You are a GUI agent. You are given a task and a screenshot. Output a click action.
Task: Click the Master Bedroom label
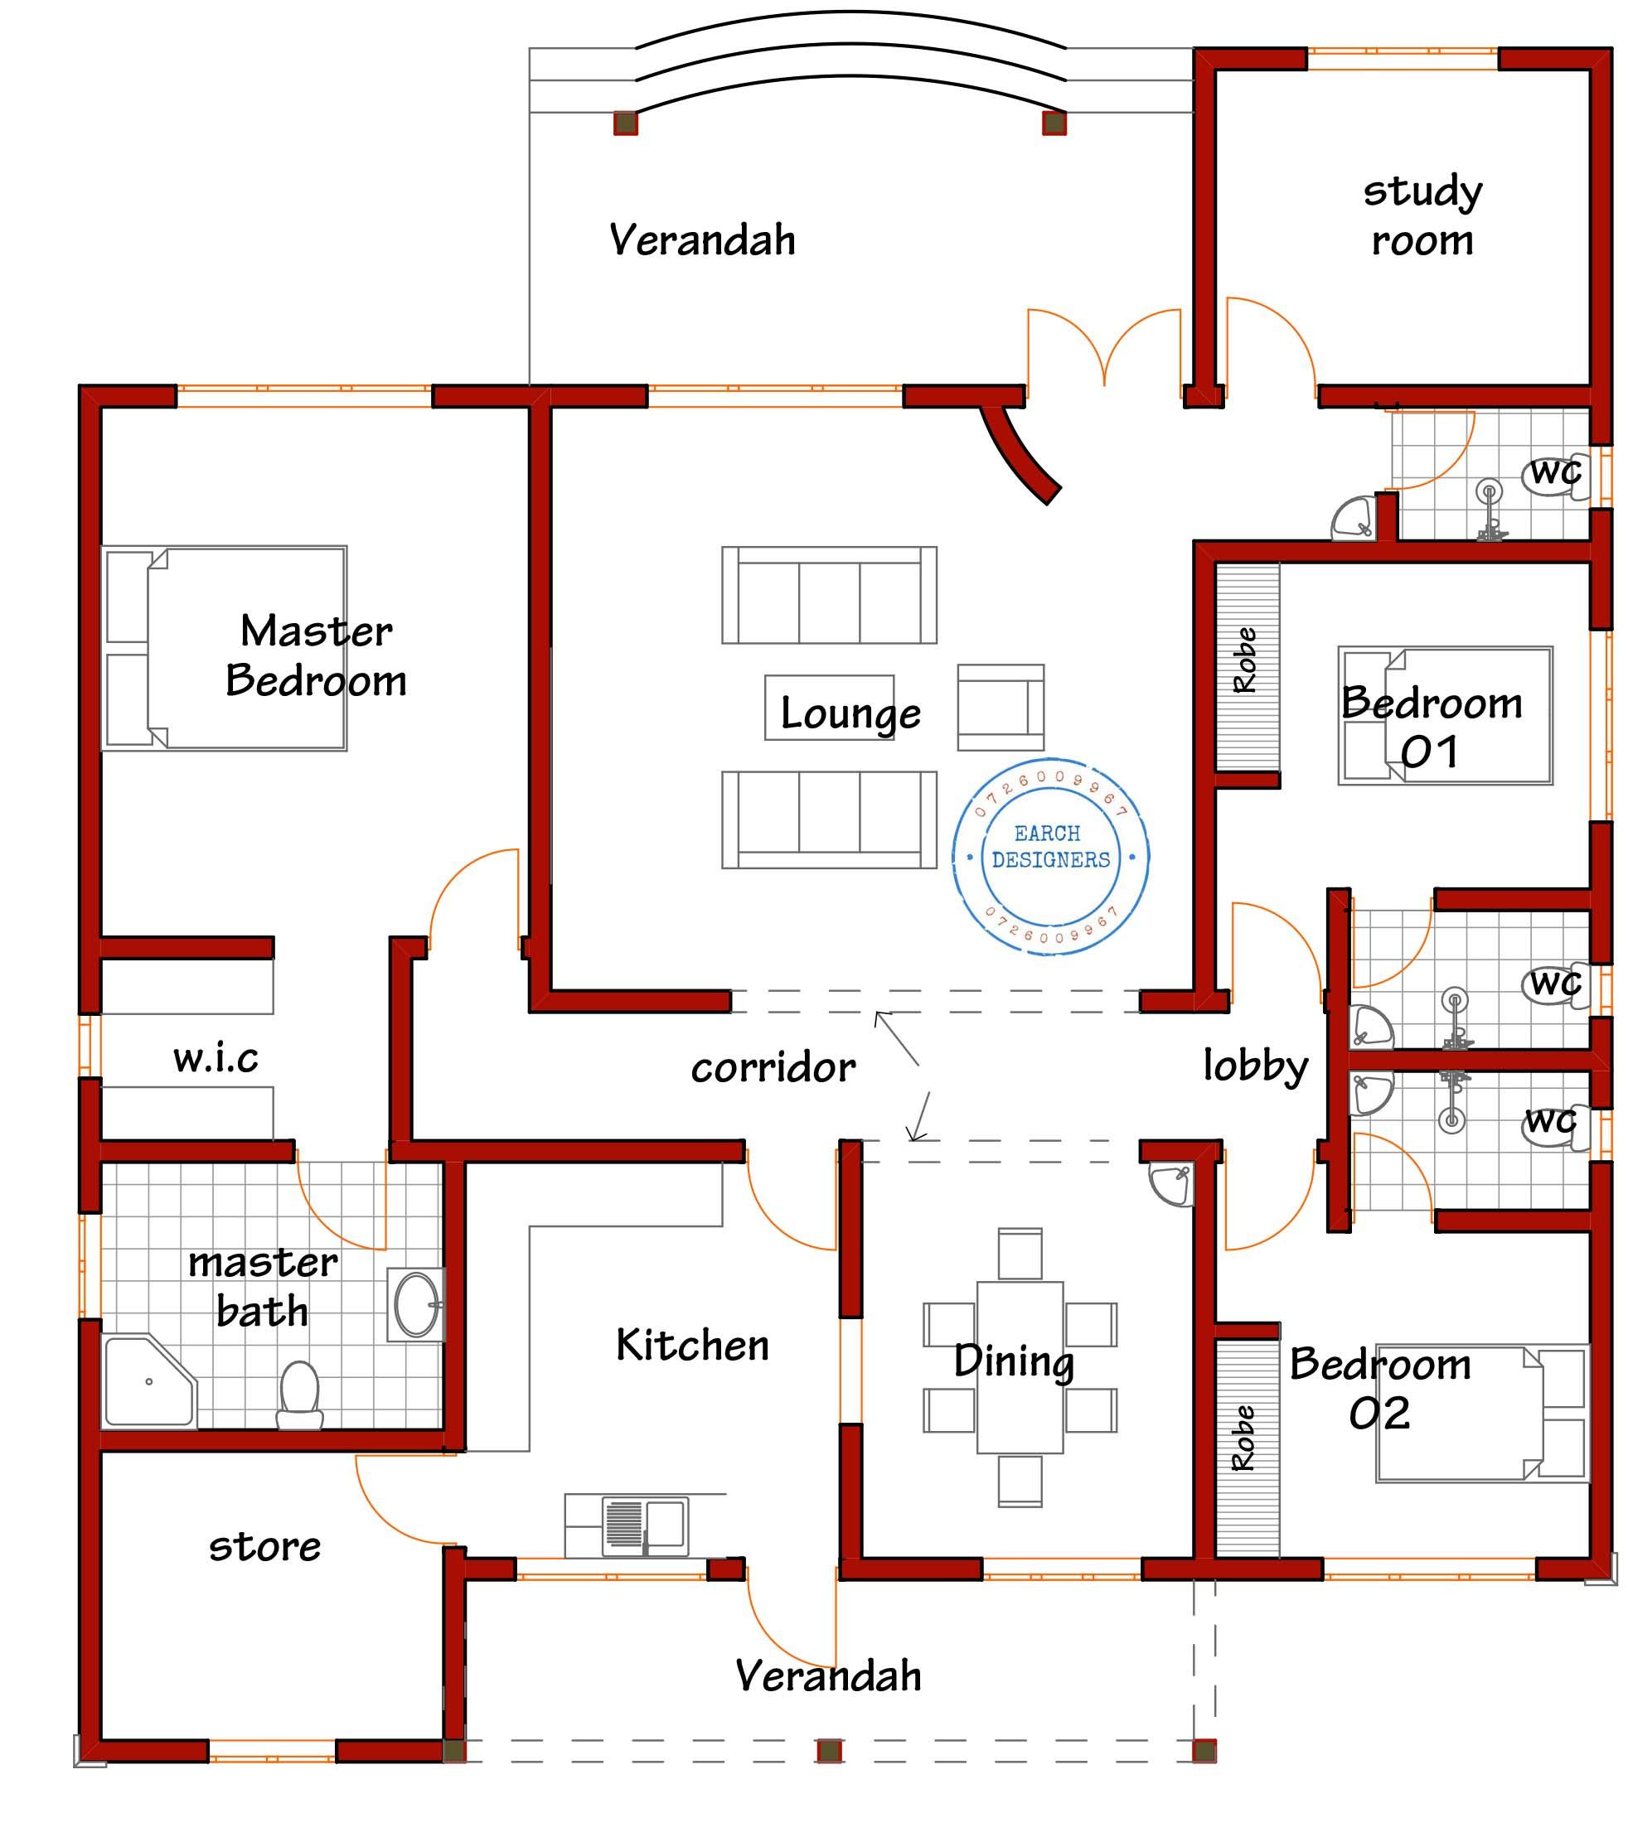pyautogui.click(x=316, y=655)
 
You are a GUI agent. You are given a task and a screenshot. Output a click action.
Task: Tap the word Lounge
pyautogui.click(x=850, y=713)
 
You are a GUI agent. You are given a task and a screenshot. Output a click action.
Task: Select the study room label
pyautogui.click(x=1422, y=216)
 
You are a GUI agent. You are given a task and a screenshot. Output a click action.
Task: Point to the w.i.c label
pyautogui.click(x=216, y=1057)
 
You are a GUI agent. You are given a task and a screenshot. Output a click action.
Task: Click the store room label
pyautogui.click(x=265, y=1546)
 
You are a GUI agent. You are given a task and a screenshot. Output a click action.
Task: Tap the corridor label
pyautogui.click(x=773, y=1068)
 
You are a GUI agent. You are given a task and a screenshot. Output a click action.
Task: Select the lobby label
pyautogui.click(x=1255, y=1066)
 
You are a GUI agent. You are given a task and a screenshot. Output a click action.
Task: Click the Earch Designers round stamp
pyautogui.click(x=1050, y=856)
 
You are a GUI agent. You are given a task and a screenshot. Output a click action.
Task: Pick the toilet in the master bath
pyautogui.click(x=299, y=1395)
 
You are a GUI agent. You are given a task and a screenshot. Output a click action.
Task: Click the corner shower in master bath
pyautogui.click(x=147, y=1380)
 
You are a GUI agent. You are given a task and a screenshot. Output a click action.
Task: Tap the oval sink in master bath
pyautogui.click(x=415, y=1304)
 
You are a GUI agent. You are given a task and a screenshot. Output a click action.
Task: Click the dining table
pyautogui.click(x=1020, y=1367)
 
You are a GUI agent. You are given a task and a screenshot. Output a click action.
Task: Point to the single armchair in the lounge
pyautogui.click(x=1001, y=708)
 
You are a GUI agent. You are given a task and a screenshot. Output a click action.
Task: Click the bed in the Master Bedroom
pyautogui.click(x=225, y=648)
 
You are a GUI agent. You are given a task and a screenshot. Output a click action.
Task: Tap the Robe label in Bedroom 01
pyautogui.click(x=1246, y=660)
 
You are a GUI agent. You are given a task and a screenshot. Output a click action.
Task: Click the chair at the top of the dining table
pyautogui.click(x=1020, y=1254)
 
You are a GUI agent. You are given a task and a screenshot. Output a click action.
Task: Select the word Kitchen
pyautogui.click(x=692, y=1346)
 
